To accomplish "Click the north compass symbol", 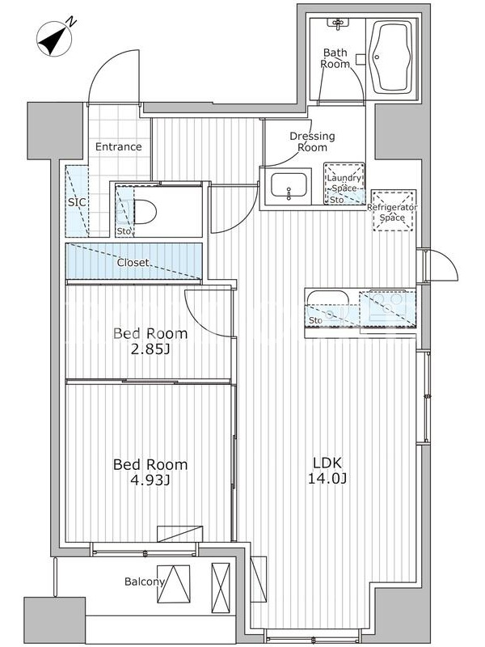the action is click(x=54, y=40).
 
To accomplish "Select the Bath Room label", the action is click(x=335, y=58).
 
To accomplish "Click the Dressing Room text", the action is click(x=312, y=142).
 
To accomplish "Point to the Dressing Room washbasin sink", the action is click(x=289, y=186).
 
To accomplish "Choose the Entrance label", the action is click(x=118, y=146).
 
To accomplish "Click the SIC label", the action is click(x=77, y=202).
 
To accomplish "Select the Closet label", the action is click(x=133, y=262).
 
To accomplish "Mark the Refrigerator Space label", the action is click(x=392, y=212).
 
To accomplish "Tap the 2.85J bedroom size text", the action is click(x=150, y=350).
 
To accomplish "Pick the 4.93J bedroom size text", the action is click(x=150, y=480).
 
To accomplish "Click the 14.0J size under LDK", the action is click(x=327, y=479).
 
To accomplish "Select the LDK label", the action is click(x=327, y=463).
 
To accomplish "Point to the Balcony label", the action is click(x=145, y=581).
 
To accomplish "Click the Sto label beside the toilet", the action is click(x=124, y=231).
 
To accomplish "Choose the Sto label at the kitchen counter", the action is click(x=315, y=320).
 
